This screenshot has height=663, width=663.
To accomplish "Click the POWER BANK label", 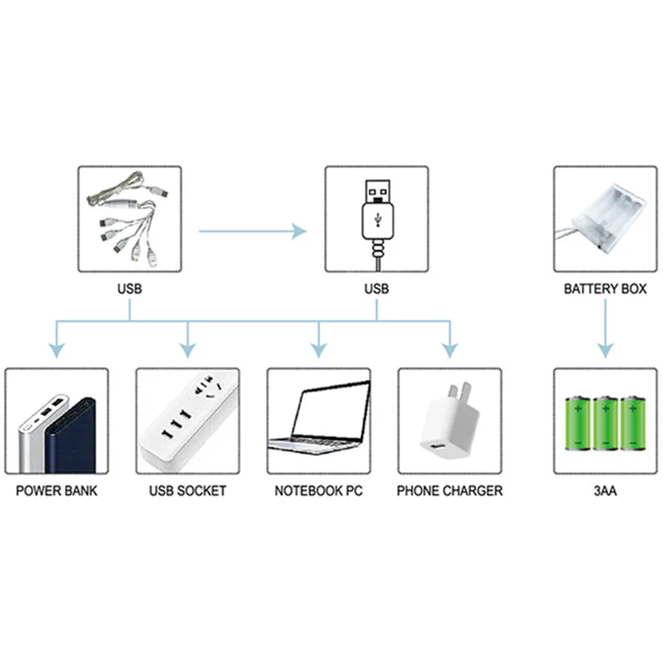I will click(56, 491).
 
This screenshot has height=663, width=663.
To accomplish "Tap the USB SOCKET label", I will click(188, 491).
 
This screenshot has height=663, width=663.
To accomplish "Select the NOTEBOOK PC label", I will click(319, 491).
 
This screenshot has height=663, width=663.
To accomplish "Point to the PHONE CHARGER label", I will click(450, 491).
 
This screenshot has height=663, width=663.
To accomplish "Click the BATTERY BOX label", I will click(605, 289).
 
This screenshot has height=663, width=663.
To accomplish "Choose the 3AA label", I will click(605, 491).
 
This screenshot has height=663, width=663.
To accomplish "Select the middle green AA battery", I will click(605, 424).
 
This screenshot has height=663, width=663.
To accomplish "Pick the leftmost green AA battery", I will click(577, 424).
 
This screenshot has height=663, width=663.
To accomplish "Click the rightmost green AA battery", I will click(633, 424).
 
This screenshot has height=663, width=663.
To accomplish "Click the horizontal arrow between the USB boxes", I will click(252, 231).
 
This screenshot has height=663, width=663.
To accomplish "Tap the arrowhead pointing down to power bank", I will click(58, 349).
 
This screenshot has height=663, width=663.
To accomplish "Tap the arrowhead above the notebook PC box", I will click(319, 349).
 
